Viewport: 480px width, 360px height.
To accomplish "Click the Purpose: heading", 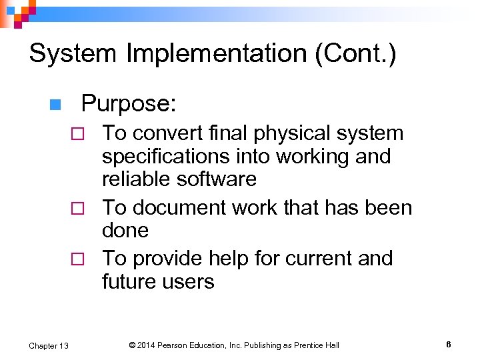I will [x=129, y=103].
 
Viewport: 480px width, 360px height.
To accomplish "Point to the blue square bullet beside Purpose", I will [x=55, y=105].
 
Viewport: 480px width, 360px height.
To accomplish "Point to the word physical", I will [x=284, y=133].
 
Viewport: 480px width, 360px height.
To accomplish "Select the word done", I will [x=125, y=231].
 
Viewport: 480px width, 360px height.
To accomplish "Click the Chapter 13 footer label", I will [x=49, y=345].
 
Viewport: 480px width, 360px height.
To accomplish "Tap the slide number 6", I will [x=449, y=345].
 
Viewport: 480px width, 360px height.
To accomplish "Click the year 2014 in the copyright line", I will [x=147, y=345].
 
